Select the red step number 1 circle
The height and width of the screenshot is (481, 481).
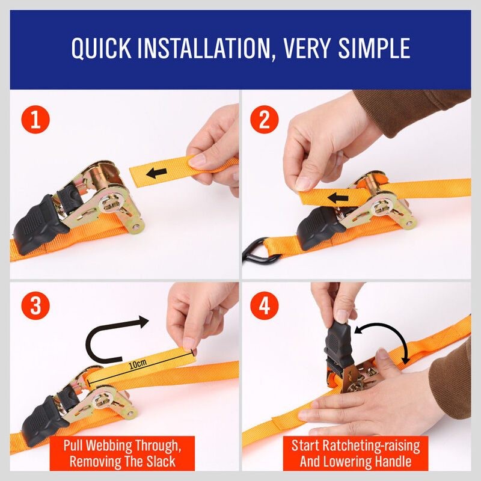point(35,120)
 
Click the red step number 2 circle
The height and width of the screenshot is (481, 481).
point(264,120)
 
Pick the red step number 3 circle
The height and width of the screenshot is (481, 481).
point(35,306)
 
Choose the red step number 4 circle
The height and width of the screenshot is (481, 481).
point(264,306)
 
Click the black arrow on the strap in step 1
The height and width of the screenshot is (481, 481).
point(158,174)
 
